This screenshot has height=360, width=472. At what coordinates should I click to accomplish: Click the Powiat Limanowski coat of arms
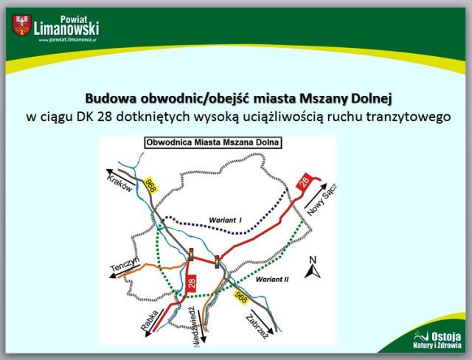tap(21, 25)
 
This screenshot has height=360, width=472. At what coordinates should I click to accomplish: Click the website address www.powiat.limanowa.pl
tap(67, 40)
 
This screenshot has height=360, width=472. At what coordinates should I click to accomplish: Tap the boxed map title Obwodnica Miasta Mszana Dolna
tap(213, 142)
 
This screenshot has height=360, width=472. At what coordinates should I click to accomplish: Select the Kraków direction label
tap(119, 183)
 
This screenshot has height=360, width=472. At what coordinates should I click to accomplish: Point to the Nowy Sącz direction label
tap(322, 199)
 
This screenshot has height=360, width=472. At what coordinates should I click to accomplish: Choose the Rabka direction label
tap(150, 320)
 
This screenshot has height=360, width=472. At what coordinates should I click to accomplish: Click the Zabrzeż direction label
tap(257, 327)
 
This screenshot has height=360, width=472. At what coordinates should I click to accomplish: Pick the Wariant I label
tap(225, 221)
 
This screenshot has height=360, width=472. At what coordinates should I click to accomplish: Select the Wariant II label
tap(272, 280)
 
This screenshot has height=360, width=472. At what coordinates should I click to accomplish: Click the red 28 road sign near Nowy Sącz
tap(304, 181)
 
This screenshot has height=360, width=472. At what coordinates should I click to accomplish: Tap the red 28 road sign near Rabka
tap(192, 283)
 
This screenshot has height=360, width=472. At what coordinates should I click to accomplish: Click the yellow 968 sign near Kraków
tap(150, 185)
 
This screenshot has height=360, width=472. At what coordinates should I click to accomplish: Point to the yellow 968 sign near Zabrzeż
tap(241, 297)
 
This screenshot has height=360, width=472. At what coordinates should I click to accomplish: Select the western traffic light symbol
tap(191, 255)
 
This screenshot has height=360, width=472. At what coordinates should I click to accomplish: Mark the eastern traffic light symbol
tap(218, 262)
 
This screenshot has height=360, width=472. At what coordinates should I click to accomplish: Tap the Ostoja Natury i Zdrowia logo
tap(438, 339)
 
